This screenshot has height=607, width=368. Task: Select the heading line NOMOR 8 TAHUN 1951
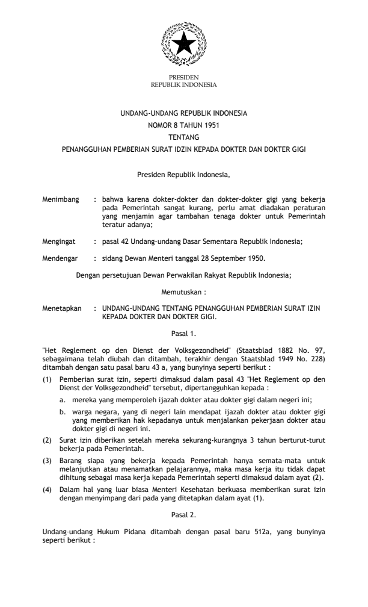pyautogui.click(x=183, y=125)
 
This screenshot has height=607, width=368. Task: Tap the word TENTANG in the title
pyautogui.click(x=183, y=137)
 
